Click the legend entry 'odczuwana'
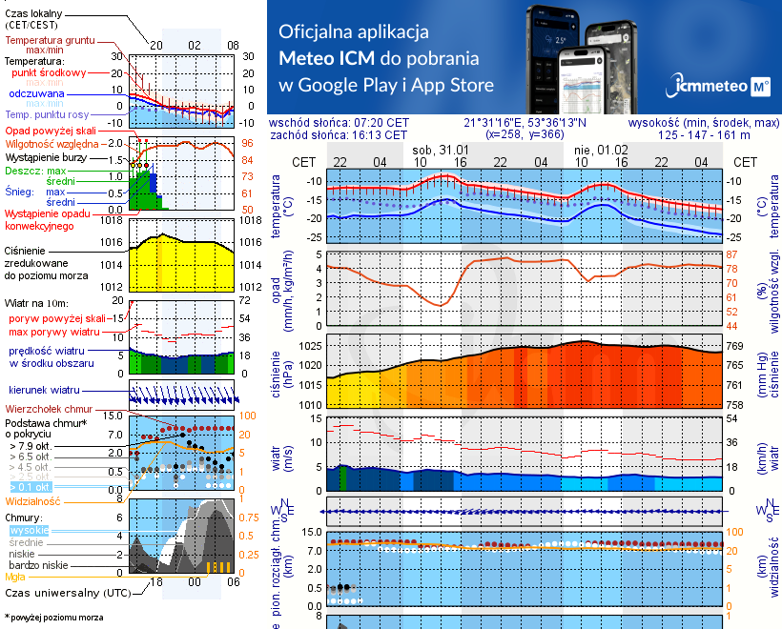pos(36,94)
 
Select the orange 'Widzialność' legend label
pos(33,500)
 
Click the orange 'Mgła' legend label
pos(15,576)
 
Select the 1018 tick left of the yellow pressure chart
pos(112,220)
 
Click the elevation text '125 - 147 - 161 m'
pos(705,135)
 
